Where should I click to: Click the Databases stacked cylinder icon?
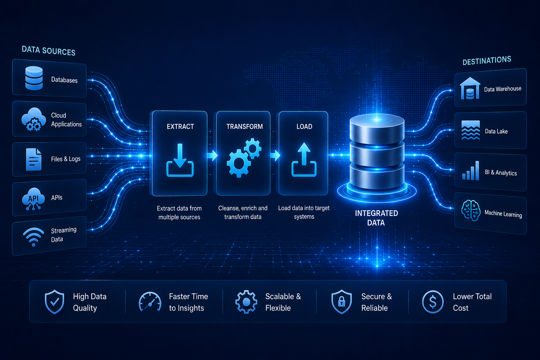34,78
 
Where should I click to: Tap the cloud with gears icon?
33,120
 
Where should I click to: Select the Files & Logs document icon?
33,159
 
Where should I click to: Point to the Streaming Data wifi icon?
33,237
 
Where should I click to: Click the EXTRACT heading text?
180,127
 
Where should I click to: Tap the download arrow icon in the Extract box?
180,160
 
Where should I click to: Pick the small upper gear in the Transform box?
253,148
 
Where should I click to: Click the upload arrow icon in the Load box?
304,160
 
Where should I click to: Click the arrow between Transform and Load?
275,155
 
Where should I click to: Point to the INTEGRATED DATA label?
376,218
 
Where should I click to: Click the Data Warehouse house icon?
470,88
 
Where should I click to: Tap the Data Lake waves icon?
470,130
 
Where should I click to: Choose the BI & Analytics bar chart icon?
471,171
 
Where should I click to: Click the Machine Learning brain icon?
471,211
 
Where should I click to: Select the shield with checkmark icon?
54,302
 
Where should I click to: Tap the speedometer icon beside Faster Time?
150,302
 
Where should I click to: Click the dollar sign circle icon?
433,302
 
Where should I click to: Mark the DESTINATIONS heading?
487,60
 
